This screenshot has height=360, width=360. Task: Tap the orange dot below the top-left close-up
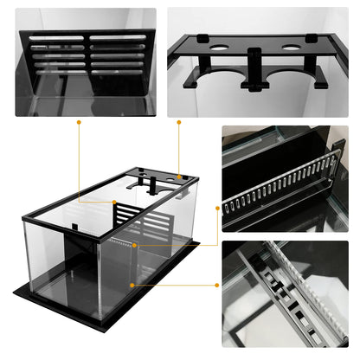pos(79,122)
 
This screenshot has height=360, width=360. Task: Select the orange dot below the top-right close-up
pos(179,122)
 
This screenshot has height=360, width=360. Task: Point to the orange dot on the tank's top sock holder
pos(179,177)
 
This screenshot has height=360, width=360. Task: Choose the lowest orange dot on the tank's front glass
pos(131,283)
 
